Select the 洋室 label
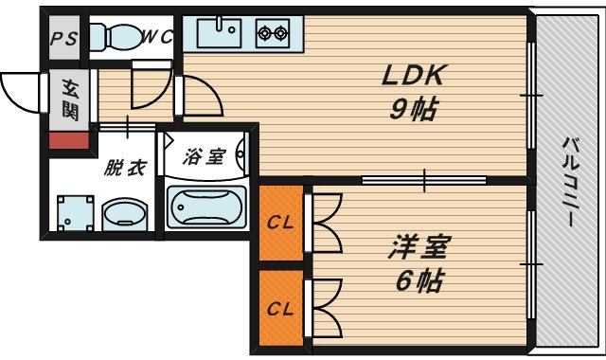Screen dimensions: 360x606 coord(416,248)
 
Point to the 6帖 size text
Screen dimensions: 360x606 coord(416,280)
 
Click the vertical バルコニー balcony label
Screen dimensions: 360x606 coord(571,180)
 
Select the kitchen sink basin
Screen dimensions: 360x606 coord(221,34)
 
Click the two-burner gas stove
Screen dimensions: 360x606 coord(273,35)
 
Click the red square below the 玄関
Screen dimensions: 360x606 coord(69,141)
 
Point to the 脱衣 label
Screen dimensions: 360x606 coord(125,169)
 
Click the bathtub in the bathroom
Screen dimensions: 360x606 coord(206,206)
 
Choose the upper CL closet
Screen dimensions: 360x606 coord(279,224)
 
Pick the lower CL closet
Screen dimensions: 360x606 coord(279,308)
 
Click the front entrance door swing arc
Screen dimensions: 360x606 coord(21,92)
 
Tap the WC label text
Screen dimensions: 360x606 coord(155,37)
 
